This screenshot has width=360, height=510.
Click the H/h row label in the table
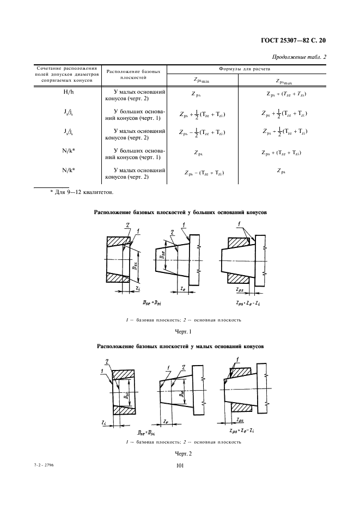[x=69, y=93]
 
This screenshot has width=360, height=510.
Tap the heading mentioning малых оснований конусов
[x=180, y=346]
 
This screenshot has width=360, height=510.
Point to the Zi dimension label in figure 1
[x=138, y=287]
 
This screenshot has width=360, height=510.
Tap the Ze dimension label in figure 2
[x=164, y=421]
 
